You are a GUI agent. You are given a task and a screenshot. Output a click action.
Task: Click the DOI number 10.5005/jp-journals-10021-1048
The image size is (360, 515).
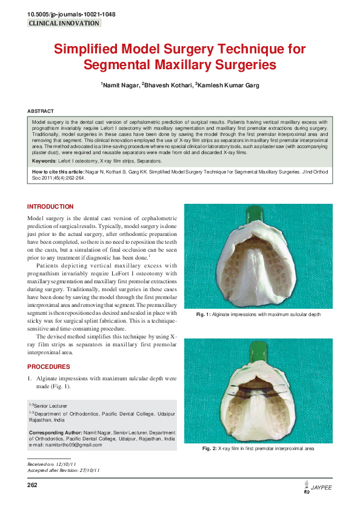click(64, 13)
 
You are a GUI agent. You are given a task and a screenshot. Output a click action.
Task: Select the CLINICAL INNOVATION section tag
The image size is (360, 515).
click(64, 23)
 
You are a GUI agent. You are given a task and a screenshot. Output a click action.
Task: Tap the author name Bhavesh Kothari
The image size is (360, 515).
click(167, 86)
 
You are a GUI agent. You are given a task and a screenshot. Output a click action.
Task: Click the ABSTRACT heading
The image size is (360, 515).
click(41, 111)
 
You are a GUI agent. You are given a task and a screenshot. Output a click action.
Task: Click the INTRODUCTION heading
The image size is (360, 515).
click(50, 207)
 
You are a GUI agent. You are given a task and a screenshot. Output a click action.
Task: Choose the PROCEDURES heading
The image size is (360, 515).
click(48, 366)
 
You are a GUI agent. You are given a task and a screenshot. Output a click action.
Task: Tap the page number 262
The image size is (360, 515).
click(32, 485)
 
